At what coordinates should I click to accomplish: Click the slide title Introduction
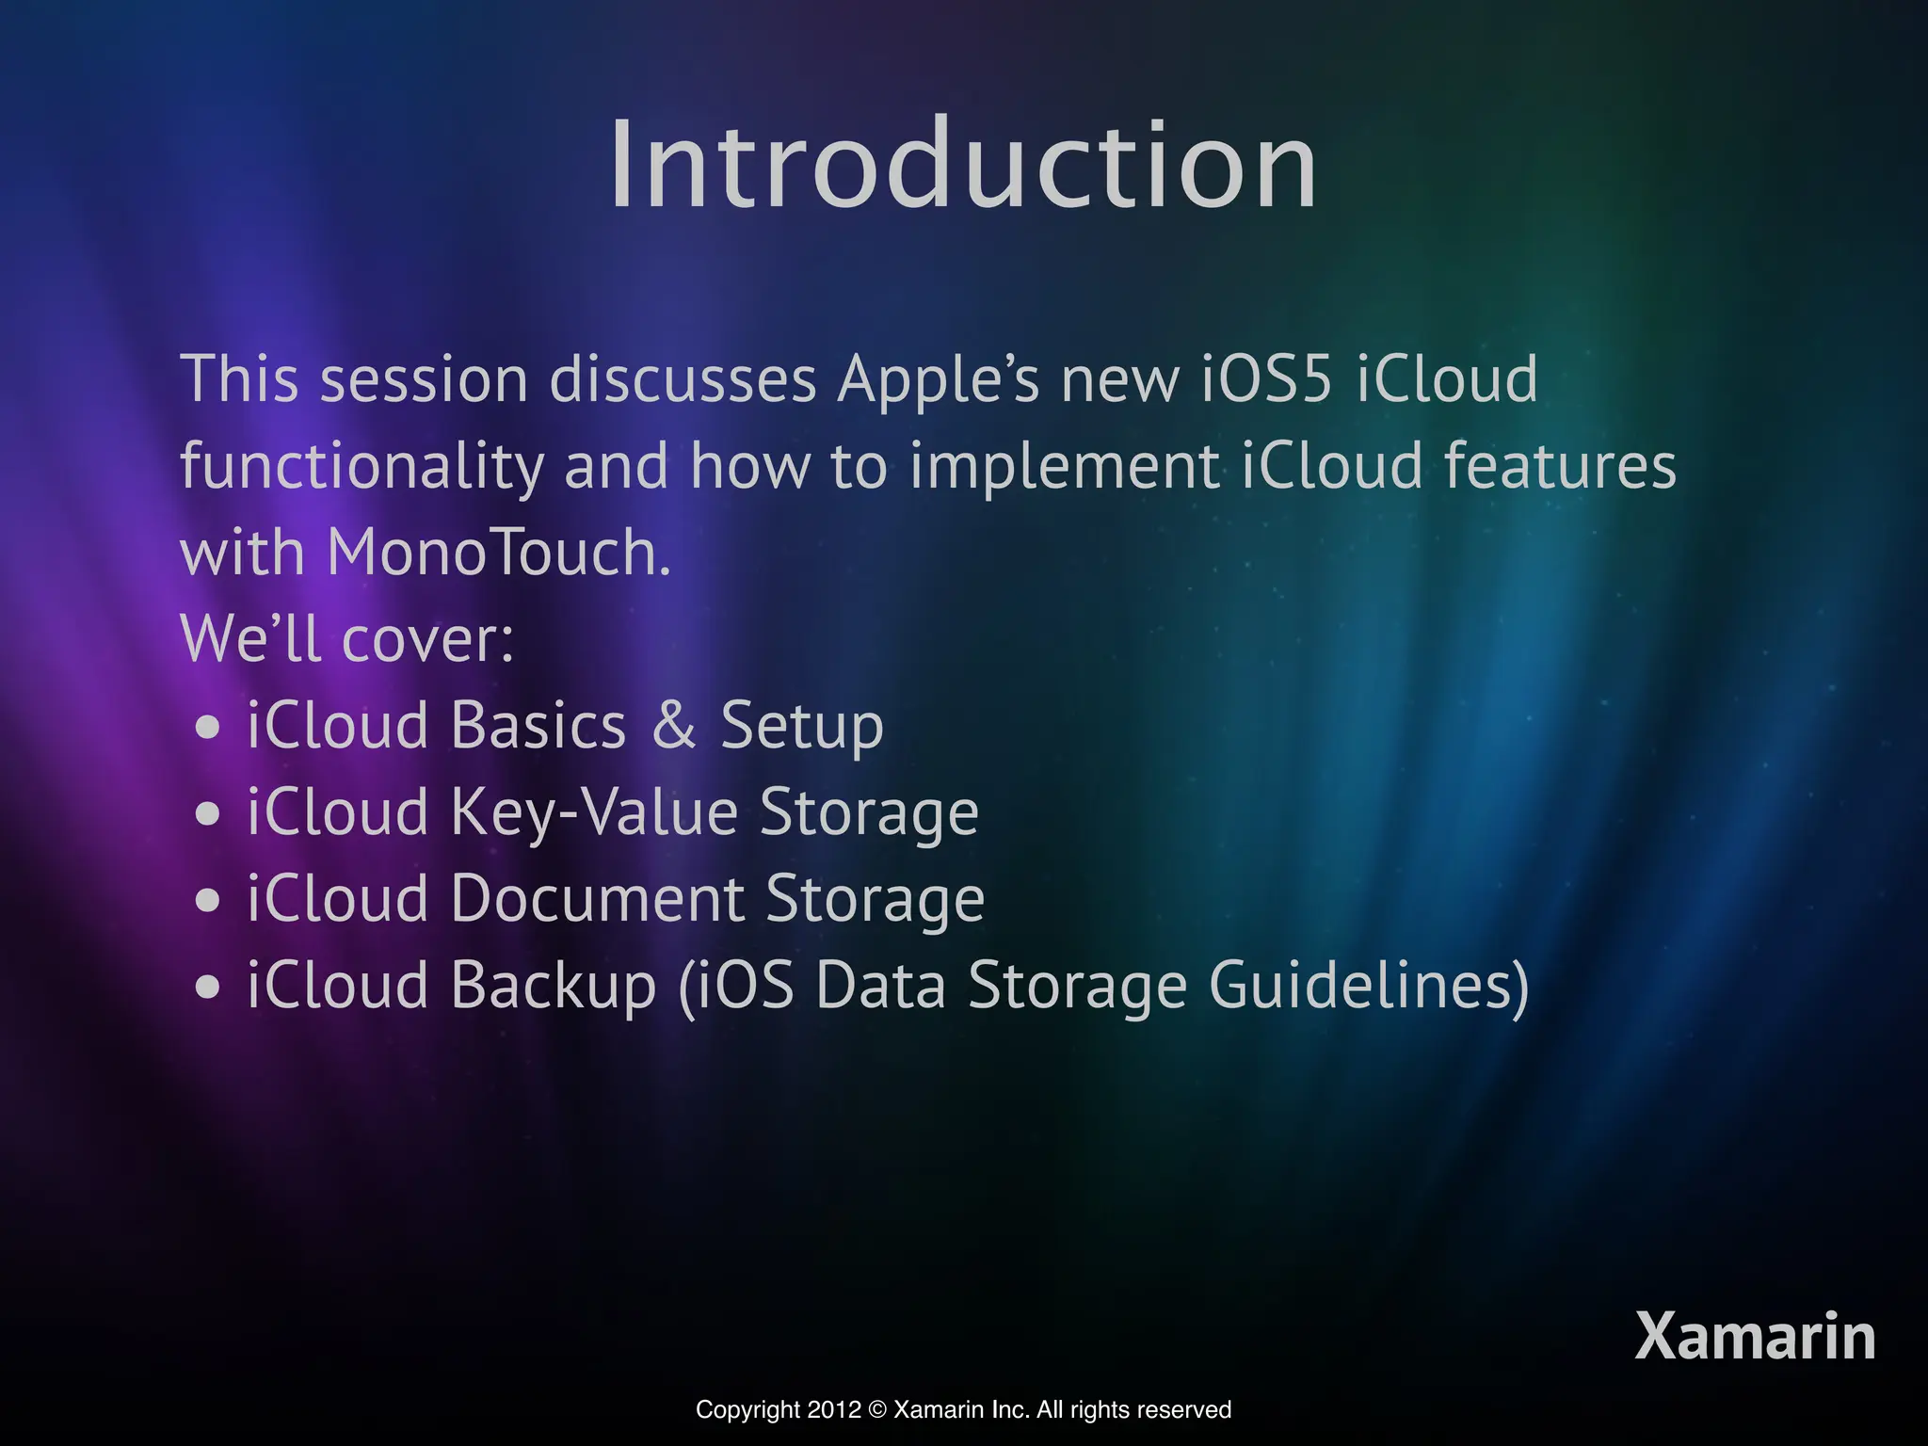click(x=962, y=166)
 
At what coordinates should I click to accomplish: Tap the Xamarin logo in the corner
click(x=1755, y=1337)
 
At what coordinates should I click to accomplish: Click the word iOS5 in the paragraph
click(x=1267, y=379)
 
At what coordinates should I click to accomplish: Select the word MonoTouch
click(x=498, y=553)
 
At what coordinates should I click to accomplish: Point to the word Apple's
click(x=939, y=381)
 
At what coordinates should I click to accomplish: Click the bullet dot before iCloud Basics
click(x=208, y=728)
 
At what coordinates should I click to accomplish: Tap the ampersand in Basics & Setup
click(x=674, y=726)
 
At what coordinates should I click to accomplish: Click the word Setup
click(x=802, y=728)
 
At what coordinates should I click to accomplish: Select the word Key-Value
click(x=594, y=813)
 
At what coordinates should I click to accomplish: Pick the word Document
click(x=598, y=899)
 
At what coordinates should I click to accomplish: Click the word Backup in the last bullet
click(x=553, y=987)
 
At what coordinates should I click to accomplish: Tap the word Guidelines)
click(x=1369, y=987)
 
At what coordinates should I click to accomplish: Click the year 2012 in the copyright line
click(x=834, y=1409)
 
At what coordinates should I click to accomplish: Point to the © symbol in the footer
click(x=877, y=1409)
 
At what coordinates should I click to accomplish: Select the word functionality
click(x=361, y=467)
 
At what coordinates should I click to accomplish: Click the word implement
click(x=1064, y=467)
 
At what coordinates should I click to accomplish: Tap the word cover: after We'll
click(x=427, y=640)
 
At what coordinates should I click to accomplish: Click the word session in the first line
click(x=424, y=379)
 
